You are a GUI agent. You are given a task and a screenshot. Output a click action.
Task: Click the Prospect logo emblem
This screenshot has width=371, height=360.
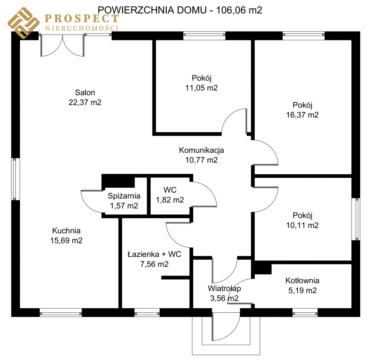pos(23,23)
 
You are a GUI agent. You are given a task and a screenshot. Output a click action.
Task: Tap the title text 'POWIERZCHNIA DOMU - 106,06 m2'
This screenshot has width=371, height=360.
pos(180,10)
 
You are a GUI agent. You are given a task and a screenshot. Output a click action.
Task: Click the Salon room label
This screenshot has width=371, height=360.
pos(85,92)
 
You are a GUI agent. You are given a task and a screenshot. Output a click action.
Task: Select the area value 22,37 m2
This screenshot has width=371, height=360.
pos(85,102)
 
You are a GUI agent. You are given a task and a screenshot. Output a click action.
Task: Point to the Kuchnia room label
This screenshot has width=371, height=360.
pos(66,231)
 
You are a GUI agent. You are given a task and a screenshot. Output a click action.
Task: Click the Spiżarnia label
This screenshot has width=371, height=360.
pos(124,196)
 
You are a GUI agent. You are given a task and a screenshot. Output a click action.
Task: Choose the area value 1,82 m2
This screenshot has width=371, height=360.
pos(170,200)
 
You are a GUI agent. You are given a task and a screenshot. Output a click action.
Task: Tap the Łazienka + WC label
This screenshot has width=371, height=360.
pos(154,254)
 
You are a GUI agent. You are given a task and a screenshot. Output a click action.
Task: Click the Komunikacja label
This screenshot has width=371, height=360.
pos(202,150)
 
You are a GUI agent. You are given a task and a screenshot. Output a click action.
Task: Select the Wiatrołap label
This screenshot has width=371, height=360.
pos(224,289)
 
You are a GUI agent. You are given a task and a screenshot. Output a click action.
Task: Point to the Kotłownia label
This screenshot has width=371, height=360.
pos(302,281)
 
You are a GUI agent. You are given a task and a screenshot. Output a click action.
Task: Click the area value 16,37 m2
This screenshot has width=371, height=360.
pos(302,115)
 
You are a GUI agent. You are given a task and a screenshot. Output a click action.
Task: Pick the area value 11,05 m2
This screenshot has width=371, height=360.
pos(202,88)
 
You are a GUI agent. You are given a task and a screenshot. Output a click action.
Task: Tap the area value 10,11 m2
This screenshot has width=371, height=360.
pos(302,225)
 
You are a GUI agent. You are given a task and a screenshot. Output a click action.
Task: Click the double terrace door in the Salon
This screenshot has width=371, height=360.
pos(62,45)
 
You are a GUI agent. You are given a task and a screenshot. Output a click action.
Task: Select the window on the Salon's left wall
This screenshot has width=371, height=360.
pos(16,179)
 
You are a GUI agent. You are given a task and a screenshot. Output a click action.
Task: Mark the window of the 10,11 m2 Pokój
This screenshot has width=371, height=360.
pos(356,219)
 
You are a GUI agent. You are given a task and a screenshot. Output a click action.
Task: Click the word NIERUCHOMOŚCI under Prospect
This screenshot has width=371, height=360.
pos(82,28)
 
